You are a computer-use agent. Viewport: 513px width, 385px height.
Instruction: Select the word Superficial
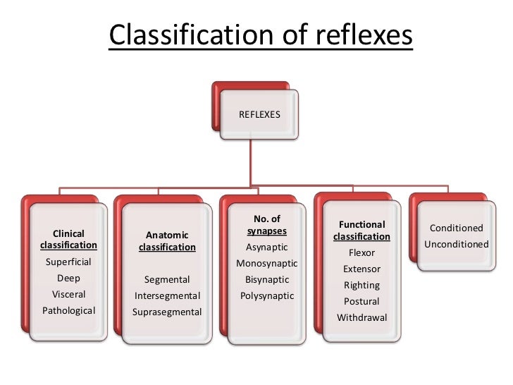click(68, 262)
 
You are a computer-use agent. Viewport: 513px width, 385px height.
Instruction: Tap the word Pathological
click(68, 310)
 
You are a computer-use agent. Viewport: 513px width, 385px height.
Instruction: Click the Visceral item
click(68, 294)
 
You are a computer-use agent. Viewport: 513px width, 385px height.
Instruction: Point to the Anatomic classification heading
click(167, 241)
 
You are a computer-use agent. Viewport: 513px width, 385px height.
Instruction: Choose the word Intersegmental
click(167, 295)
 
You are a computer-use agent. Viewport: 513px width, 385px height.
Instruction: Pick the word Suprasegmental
click(167, 312)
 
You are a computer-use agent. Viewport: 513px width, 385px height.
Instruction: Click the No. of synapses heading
click(266, 225)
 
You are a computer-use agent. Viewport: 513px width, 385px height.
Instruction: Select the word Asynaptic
click(266, 248)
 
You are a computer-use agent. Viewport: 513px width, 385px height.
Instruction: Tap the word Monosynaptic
click(266, 264)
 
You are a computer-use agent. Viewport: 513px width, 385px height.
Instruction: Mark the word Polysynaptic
click(266, 295)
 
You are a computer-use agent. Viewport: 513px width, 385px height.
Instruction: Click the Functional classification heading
click(361, 231)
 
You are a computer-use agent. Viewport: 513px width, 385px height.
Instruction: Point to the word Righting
click(361, 286)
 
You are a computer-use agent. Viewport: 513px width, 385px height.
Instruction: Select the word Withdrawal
click(361, 318)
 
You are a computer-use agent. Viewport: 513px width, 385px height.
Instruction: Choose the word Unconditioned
click(456, 245)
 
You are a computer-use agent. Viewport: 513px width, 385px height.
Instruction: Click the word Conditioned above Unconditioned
click(456, 228)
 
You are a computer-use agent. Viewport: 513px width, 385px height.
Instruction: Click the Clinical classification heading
click(68, 239)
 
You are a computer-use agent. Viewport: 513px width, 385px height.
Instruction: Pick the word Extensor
click(361, 269)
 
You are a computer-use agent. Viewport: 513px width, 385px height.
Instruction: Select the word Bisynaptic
click(266, 279)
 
